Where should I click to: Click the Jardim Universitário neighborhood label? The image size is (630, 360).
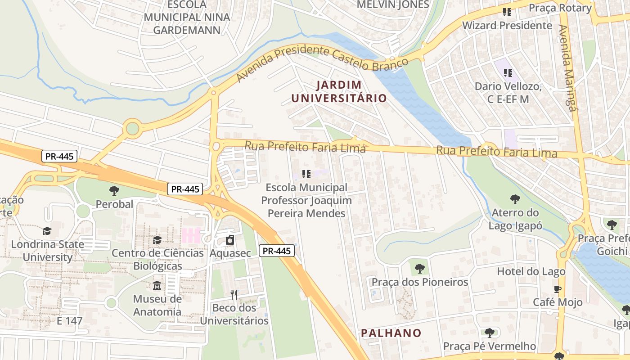tap(338, 91)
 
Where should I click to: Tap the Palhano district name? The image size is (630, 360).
tap(391, 333)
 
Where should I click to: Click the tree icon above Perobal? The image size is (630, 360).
tap(114, 191)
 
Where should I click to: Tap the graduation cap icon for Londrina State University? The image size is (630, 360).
tap(47, 231)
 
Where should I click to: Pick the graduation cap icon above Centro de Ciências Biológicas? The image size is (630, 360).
tap(157, 240)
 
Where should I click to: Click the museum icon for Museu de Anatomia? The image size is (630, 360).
tap(157, 286)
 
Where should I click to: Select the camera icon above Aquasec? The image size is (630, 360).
tap(230, 240)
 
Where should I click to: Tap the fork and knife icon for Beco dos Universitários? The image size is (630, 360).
tap(234, 295)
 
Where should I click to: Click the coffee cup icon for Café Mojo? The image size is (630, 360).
tap(558, 289)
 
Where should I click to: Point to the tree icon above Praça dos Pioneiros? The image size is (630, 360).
tap(419, 269)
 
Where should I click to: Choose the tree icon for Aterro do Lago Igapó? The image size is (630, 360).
tap(515, 199)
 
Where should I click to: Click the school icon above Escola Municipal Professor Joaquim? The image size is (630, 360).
tap(306, 174)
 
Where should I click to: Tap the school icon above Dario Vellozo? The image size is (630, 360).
tap(508, 72)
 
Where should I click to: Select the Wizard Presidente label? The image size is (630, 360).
tap(507, 25)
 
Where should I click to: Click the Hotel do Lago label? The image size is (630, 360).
tap(531, 271)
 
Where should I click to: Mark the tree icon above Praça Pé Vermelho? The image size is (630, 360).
tap(490, 333)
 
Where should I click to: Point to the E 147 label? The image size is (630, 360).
tap(70, 321)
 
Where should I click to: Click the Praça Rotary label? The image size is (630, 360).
tap(560, 8)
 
